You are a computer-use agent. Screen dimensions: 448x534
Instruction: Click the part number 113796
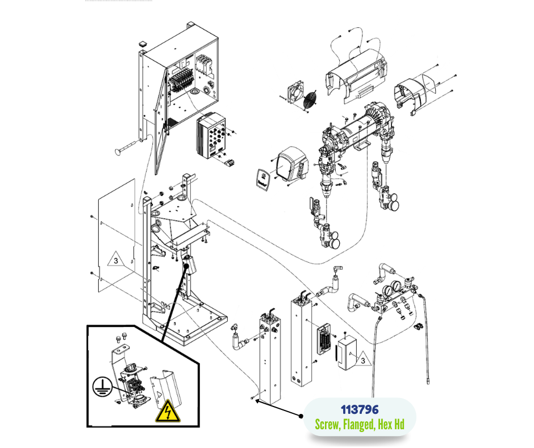[x=359, y=409]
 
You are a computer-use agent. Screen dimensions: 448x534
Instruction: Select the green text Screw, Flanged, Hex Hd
[x=359, y=424]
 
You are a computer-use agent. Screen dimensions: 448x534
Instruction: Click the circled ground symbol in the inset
[x=101, y=389]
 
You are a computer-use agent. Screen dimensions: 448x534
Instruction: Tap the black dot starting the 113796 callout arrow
[x=301, y=416]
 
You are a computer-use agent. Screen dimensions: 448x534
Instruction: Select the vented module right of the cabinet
[x=211, y=136]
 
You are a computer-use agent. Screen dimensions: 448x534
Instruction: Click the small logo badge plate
[x=262, y=179]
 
